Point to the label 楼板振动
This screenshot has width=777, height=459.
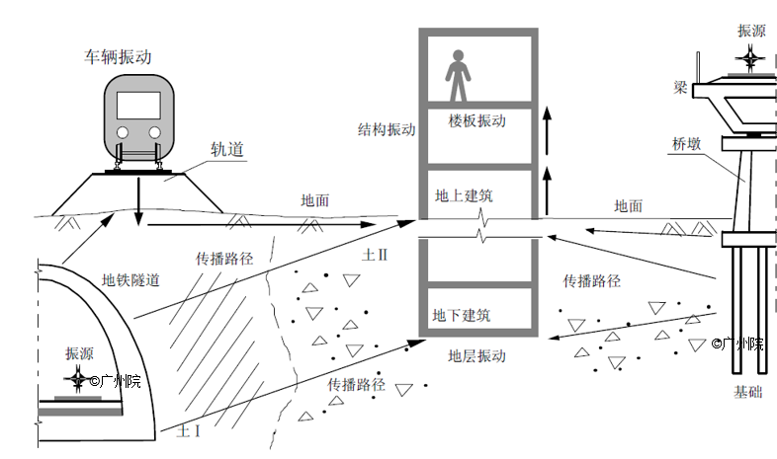476,121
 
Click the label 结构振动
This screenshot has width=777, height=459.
387,129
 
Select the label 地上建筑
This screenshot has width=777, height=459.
464,196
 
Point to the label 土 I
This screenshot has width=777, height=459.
187,431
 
